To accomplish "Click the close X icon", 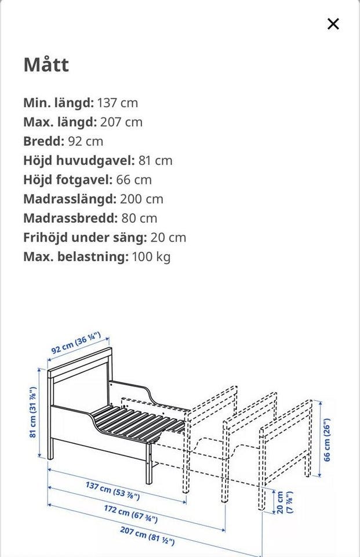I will (333, 24).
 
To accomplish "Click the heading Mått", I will (46, 64).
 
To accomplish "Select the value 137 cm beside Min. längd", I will (118, 103).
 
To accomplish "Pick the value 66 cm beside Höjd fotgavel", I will (134, 179).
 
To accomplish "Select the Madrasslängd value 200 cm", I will (141, 199).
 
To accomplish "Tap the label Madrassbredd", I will (70, 218).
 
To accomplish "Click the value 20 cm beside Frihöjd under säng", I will (168, 237).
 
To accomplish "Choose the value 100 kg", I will (151, 256).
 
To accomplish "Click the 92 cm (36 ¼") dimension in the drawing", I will (76, 343).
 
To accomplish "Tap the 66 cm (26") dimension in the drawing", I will (328, 439).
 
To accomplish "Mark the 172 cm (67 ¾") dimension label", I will (130, 514).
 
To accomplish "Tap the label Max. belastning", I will (76, 256).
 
